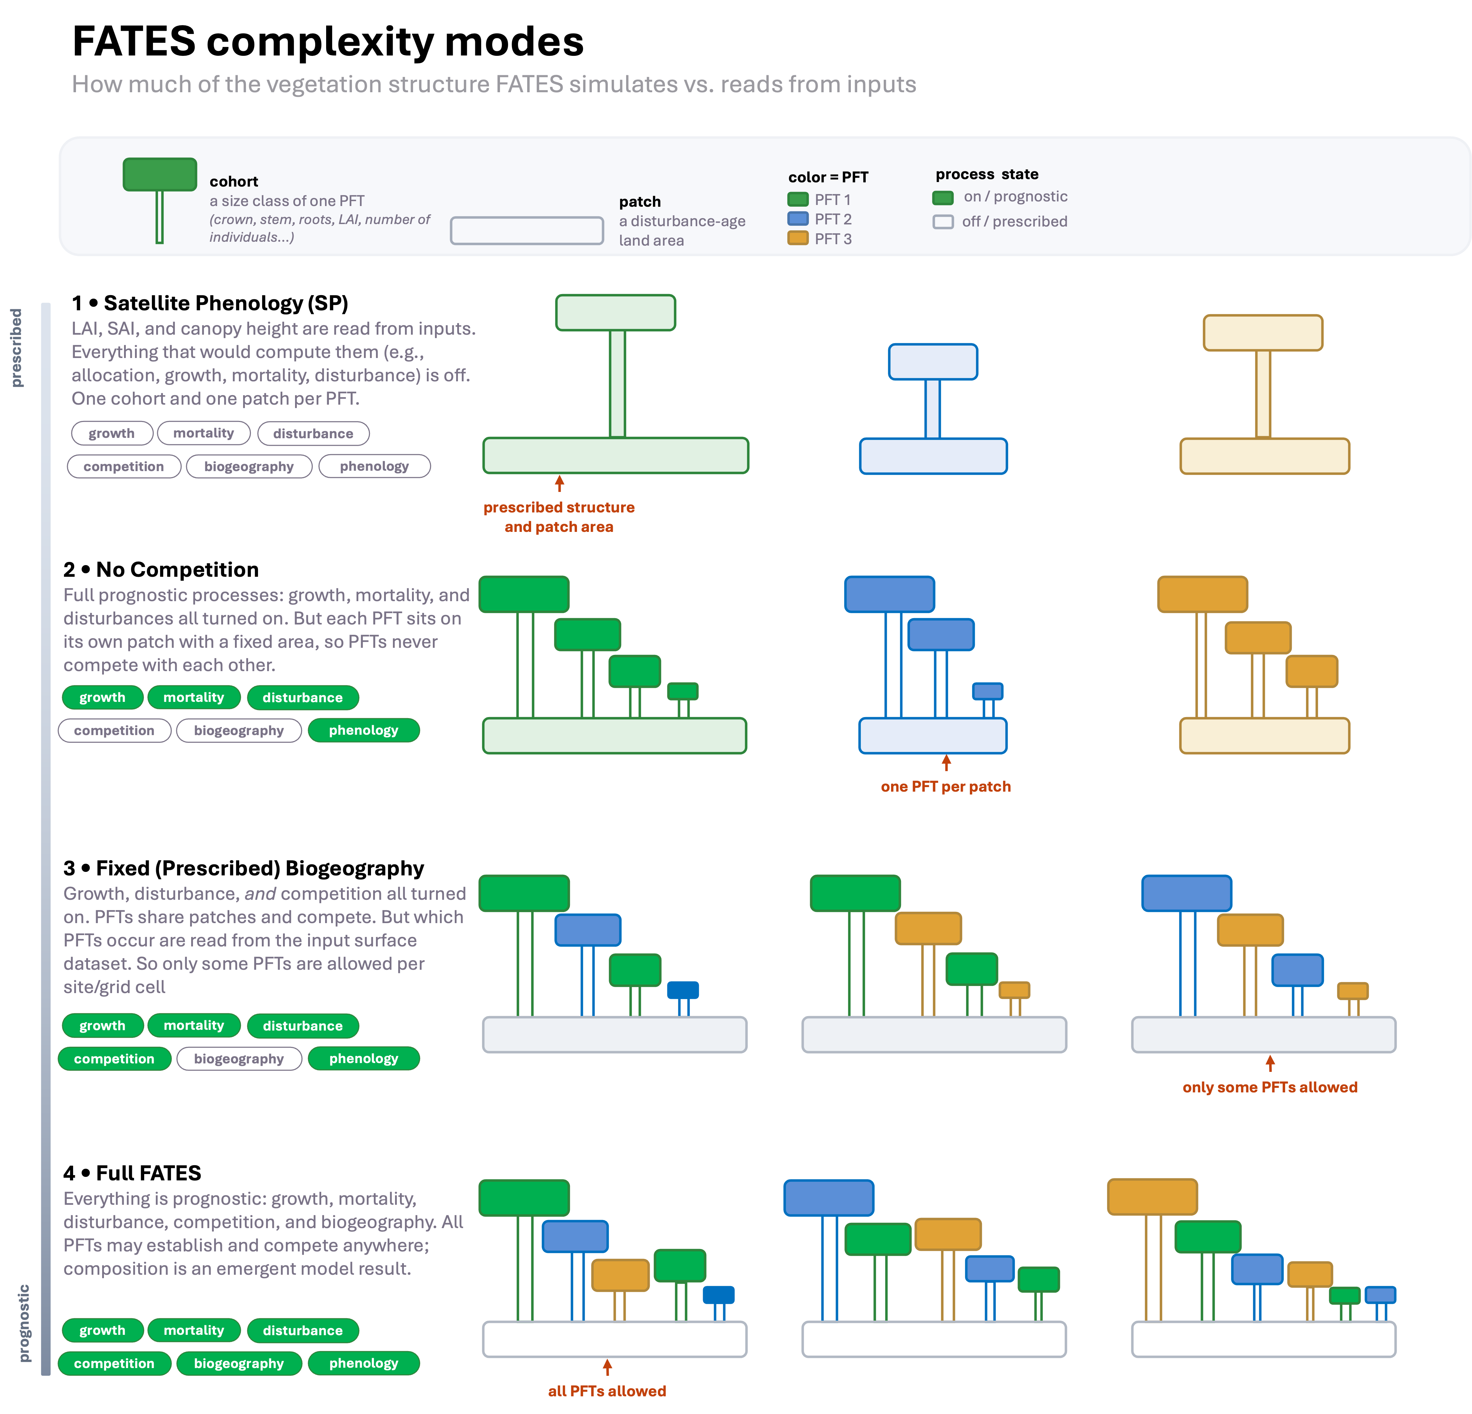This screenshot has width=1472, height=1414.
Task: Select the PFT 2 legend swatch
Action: pos(797,219)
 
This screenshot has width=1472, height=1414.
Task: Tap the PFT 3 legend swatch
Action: pos(797,238)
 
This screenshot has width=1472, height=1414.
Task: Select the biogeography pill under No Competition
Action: pos(239,730)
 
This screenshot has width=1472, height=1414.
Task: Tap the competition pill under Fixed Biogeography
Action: pos(114,1058)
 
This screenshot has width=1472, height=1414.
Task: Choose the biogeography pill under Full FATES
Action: pos(239,1363)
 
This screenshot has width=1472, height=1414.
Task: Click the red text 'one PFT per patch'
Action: pos(946,787)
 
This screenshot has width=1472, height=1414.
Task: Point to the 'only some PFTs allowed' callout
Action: pos(1270,1087)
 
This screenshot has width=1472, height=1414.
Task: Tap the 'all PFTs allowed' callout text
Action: pos(607,1391)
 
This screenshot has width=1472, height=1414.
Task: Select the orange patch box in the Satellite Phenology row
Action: pos(1265,456)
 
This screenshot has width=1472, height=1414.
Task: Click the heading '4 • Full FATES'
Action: pos(132,1173)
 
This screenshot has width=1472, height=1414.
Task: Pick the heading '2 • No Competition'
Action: pos(161,569)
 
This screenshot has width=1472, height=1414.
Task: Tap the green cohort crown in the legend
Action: pos(160,174)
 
